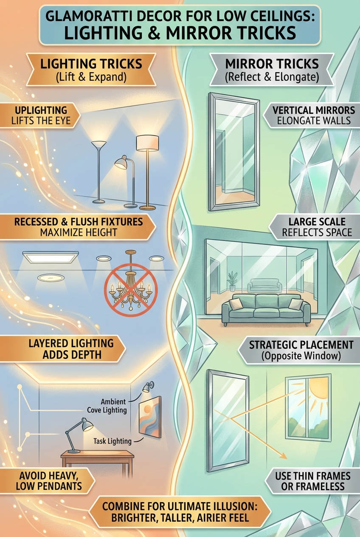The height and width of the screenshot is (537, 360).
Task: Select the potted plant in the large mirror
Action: point(232,281)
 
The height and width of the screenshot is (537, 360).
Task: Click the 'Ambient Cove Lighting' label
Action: point(107,406)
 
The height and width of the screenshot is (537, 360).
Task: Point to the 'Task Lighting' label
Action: point(112,441)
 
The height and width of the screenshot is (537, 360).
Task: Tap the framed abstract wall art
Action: point(150,417)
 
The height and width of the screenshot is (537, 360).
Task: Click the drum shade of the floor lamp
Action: point(147,143)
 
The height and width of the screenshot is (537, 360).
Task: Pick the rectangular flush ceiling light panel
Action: point(51,257)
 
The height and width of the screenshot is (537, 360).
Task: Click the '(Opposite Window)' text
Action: point(301,356)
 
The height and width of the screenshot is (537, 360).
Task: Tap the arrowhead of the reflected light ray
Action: point(284,456)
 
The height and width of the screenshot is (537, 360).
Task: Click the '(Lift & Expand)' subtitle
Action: point(91,77)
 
